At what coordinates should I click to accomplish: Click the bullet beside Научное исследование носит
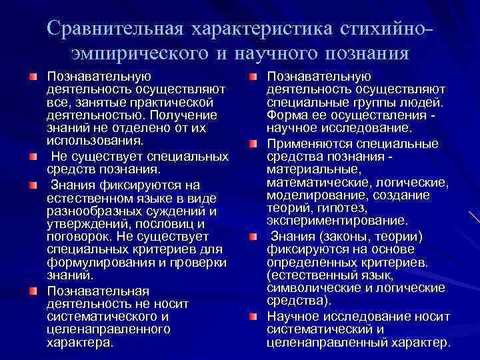tap(253, 316)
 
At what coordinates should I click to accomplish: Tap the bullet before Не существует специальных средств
tap(32, 157)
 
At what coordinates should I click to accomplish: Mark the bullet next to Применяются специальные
tap(253, 143)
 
